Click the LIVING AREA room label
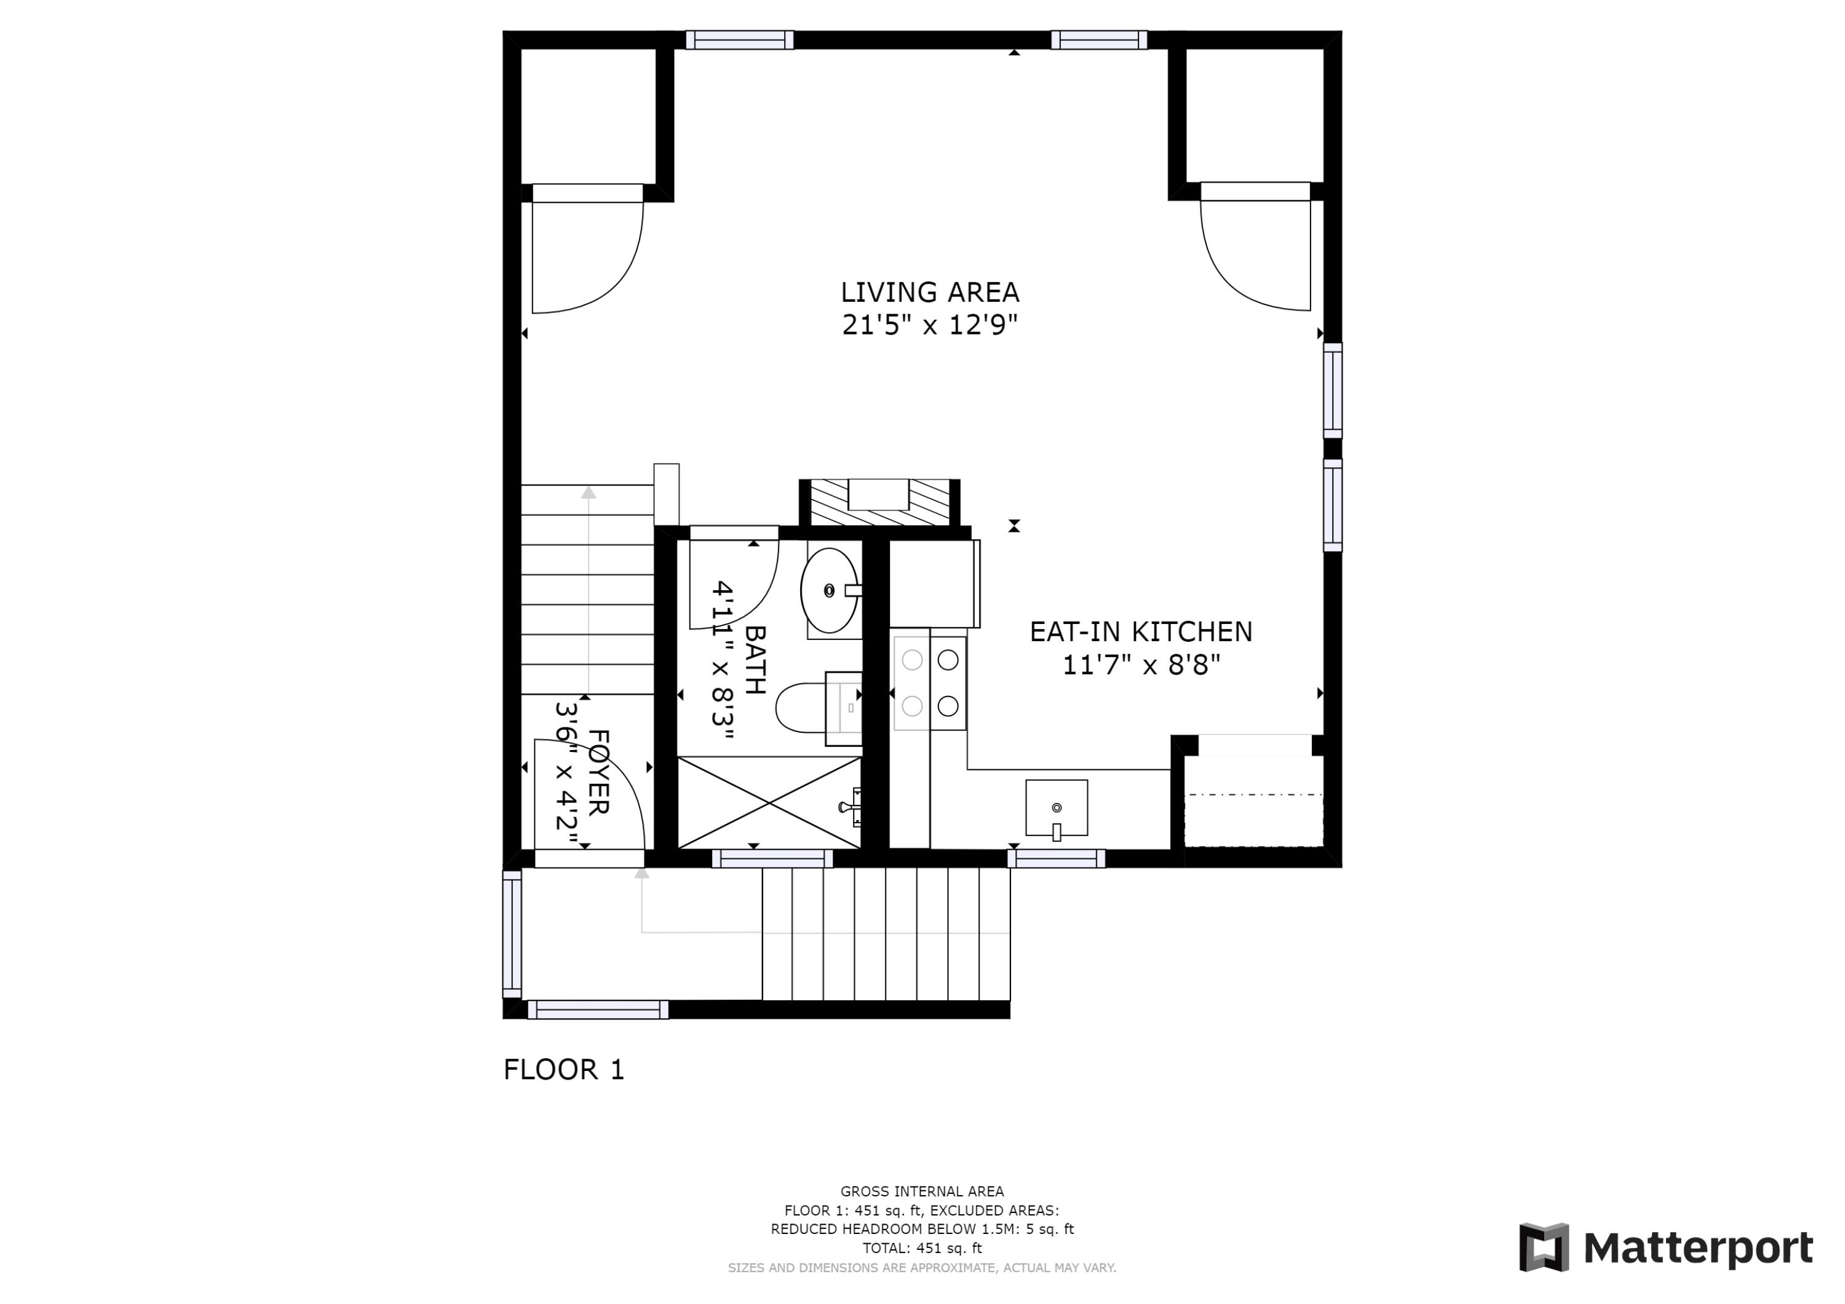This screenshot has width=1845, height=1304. click(930, 293)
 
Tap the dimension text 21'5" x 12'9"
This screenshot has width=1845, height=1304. click(930, 325)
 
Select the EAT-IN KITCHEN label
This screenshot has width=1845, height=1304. click(1140, 632)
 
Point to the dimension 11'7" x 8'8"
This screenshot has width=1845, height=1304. click(1140, 666)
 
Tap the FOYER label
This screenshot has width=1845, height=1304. click(598, 772)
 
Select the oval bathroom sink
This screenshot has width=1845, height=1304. click(829, 591)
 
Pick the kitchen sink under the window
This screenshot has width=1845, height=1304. click(1056, 807)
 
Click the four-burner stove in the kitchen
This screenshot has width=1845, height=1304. click(930, 683)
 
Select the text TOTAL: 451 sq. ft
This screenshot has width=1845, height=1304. click(922, 1248)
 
